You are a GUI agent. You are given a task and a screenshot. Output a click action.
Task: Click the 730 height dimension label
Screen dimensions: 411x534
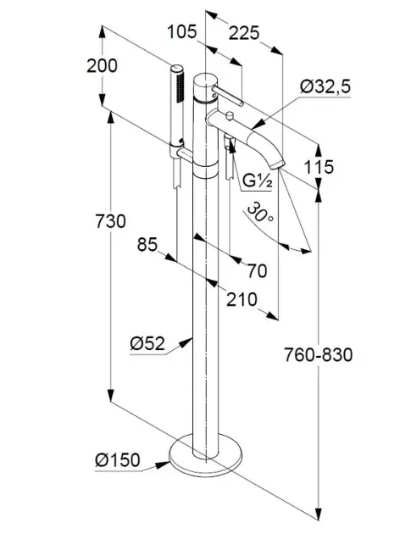(x=110, y=221)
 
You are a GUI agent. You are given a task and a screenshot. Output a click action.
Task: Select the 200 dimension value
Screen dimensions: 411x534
(x=102, y=66)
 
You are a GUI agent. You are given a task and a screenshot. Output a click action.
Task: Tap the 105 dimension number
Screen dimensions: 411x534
(x=182, y=32)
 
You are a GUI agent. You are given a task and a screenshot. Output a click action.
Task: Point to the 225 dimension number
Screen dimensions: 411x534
(x=244, y=33)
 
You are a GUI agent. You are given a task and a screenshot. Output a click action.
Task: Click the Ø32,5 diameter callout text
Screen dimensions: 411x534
(x=325, y=86)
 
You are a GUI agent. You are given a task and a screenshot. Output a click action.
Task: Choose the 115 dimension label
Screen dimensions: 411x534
(x=319, y=167)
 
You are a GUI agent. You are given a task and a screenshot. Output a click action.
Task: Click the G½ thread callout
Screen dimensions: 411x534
(x=258, y=181)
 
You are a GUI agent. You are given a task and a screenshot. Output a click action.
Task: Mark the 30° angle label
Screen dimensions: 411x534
(x=260, y=213)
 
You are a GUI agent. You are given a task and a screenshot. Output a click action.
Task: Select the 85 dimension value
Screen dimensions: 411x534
(x=147, y=244)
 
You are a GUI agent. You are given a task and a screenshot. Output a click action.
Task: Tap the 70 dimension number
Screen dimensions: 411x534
(x=257, y=271)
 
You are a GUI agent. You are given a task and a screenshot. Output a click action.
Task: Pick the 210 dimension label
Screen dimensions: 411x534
(x=242, y=300)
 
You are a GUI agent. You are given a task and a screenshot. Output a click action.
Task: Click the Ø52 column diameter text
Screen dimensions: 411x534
(x=147, y=343)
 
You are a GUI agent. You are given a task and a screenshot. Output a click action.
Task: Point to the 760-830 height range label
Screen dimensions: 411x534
(x=319, y=355)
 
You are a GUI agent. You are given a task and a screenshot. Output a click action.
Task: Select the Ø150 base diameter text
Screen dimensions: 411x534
(x=118, y=460)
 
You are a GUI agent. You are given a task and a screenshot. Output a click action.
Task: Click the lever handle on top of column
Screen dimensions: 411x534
(x=227, y=96)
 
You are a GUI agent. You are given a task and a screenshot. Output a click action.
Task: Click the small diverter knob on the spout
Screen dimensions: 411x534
(x=230, y=116)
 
